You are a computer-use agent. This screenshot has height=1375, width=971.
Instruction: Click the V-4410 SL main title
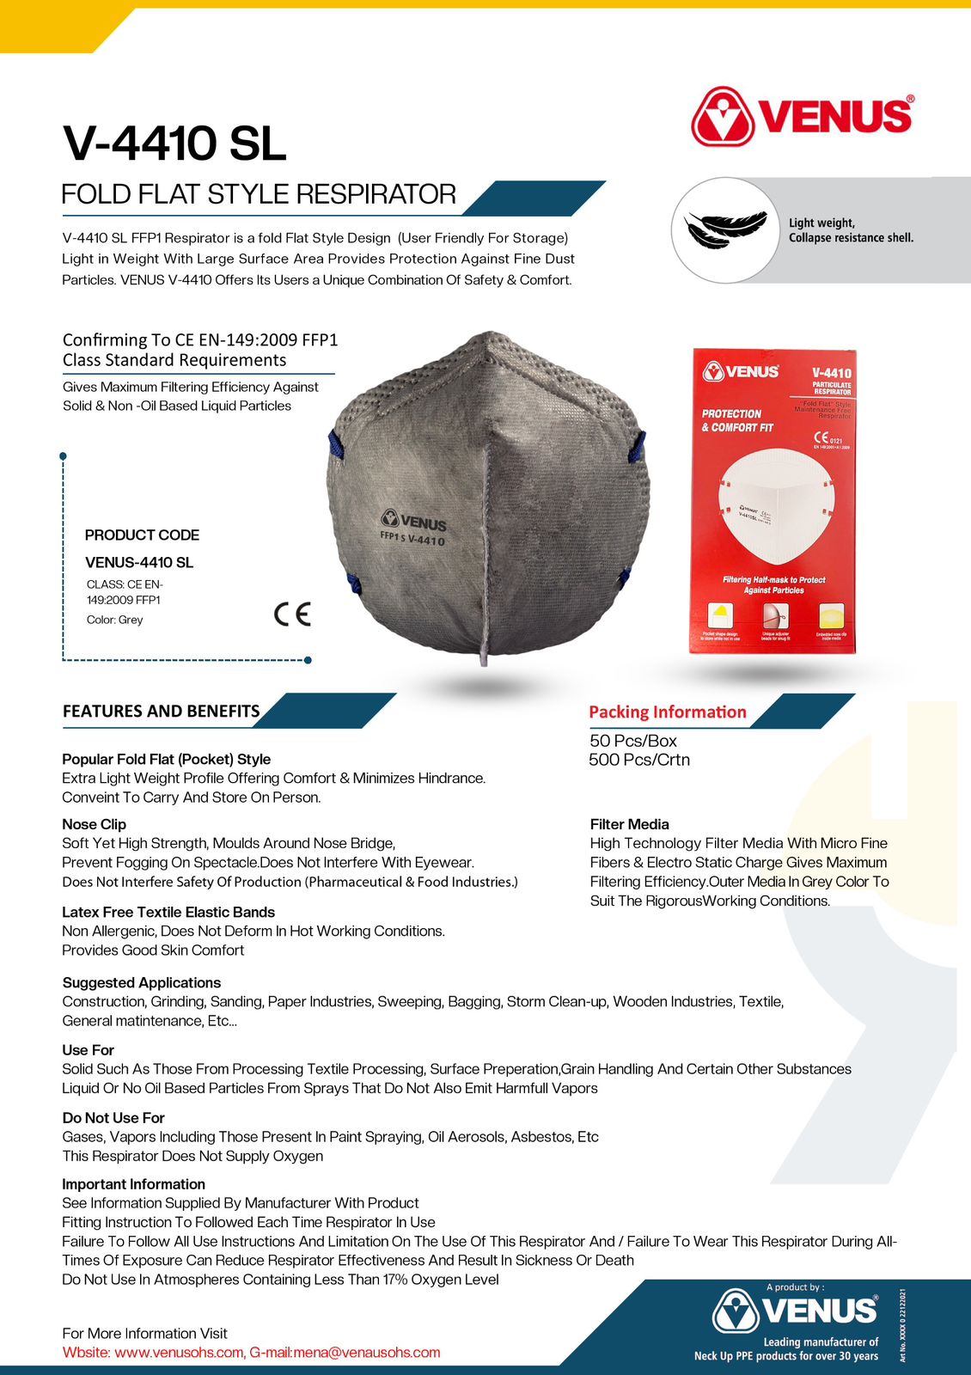[174, 143]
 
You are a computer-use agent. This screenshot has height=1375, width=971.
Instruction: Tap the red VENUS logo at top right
[802, 116]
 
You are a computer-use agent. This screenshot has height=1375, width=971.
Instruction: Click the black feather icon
[724, 229]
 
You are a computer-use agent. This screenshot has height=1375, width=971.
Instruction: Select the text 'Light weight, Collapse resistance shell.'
[851, 230]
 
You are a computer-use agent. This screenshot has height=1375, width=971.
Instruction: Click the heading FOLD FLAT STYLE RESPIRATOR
[259, 194]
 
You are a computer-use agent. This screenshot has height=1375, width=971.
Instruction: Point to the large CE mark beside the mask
[292, 614]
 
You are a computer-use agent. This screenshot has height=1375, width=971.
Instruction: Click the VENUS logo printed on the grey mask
[413, 521]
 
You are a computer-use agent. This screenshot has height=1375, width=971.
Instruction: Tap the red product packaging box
[773, 501]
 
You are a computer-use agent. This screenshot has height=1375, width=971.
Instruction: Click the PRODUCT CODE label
[142, 535]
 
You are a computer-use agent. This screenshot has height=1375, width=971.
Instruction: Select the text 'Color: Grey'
[114, 620]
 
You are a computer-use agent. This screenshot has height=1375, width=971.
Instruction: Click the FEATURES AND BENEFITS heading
[161, 711]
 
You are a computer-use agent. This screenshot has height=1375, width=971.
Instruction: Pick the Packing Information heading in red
[667, 712]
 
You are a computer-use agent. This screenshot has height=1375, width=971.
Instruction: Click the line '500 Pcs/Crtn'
[639, 760]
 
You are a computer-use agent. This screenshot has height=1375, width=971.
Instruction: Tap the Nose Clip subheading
[94, 824]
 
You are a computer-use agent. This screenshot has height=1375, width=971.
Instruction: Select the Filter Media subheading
[629, 824]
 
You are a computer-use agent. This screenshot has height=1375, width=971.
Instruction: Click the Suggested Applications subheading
[141, 982]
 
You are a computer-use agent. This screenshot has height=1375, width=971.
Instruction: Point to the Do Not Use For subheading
[113, 1117]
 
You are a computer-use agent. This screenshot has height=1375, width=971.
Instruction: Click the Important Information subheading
[133, 1183]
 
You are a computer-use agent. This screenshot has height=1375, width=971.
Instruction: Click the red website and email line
[251, 1352]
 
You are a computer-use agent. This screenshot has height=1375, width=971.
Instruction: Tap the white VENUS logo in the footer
[795, 1311]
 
